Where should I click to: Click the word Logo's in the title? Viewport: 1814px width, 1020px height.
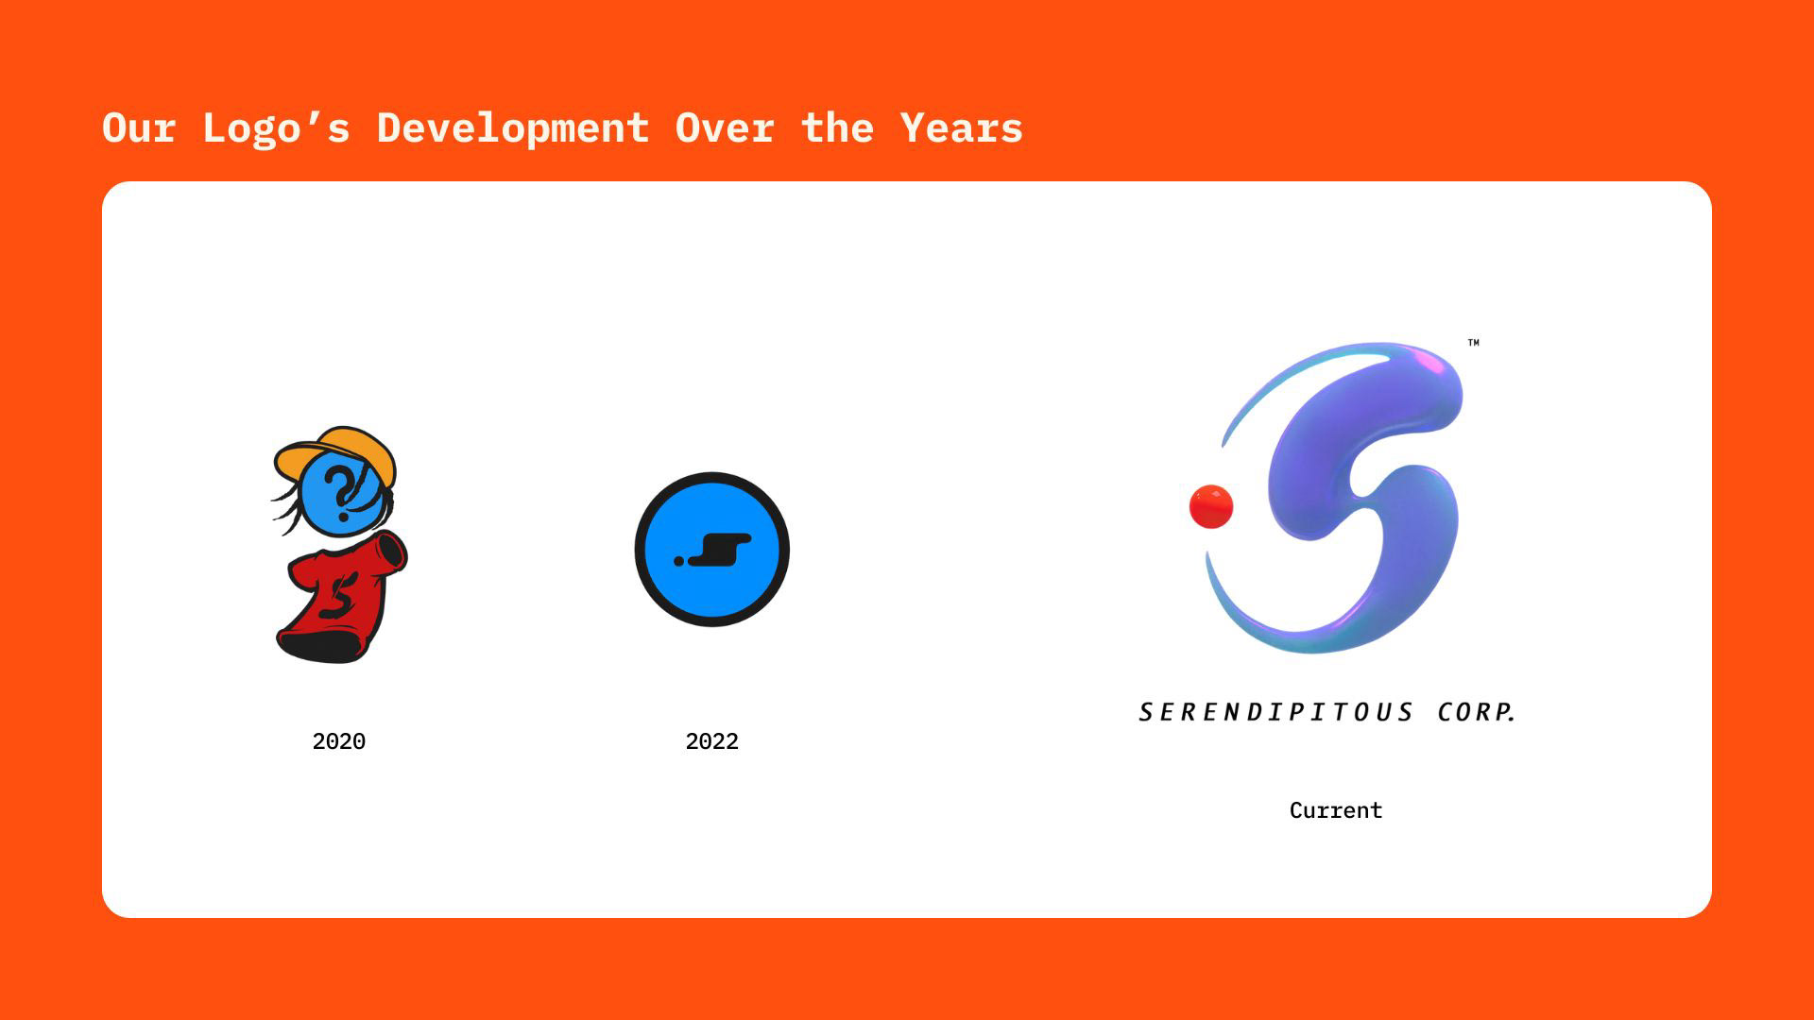tap(276, 128)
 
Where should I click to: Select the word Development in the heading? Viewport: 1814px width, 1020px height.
tap(513, 128)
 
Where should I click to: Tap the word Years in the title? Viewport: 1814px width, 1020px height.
tap(961, 127)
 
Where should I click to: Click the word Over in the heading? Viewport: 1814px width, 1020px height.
tap(725, 127)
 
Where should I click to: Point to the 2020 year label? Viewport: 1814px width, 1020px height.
tap(339, 741)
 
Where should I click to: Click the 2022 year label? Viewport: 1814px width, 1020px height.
tap(712, 741)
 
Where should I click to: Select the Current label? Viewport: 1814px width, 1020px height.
tap(1336, 810)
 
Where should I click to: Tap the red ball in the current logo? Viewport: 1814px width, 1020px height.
tap(1211, 506)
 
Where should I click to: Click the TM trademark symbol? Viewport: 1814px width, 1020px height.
tap(1474, 342)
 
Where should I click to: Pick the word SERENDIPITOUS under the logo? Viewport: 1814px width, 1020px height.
tap(1276, 712)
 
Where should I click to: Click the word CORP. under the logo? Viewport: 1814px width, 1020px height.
tap(1477, 712)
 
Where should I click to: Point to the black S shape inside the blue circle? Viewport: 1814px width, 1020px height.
tap(720, 550)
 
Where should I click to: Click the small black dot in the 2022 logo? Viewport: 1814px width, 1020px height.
tap(678, 561)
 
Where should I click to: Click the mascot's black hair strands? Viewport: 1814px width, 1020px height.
tap(288, 510)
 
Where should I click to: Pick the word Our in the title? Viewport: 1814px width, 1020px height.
tap(139, 127)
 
